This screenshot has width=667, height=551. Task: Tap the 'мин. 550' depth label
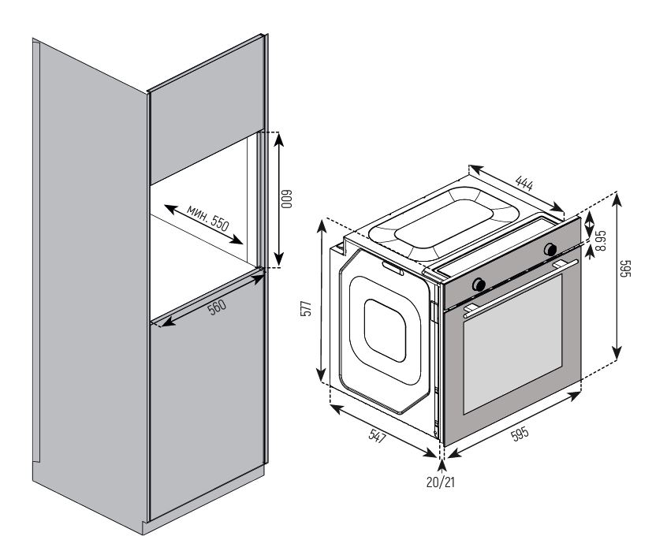[208, 218]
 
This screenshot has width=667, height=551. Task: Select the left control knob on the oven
[479, 284]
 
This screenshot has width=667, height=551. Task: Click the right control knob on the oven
[548, 250]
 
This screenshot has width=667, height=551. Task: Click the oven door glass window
[512, 347]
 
